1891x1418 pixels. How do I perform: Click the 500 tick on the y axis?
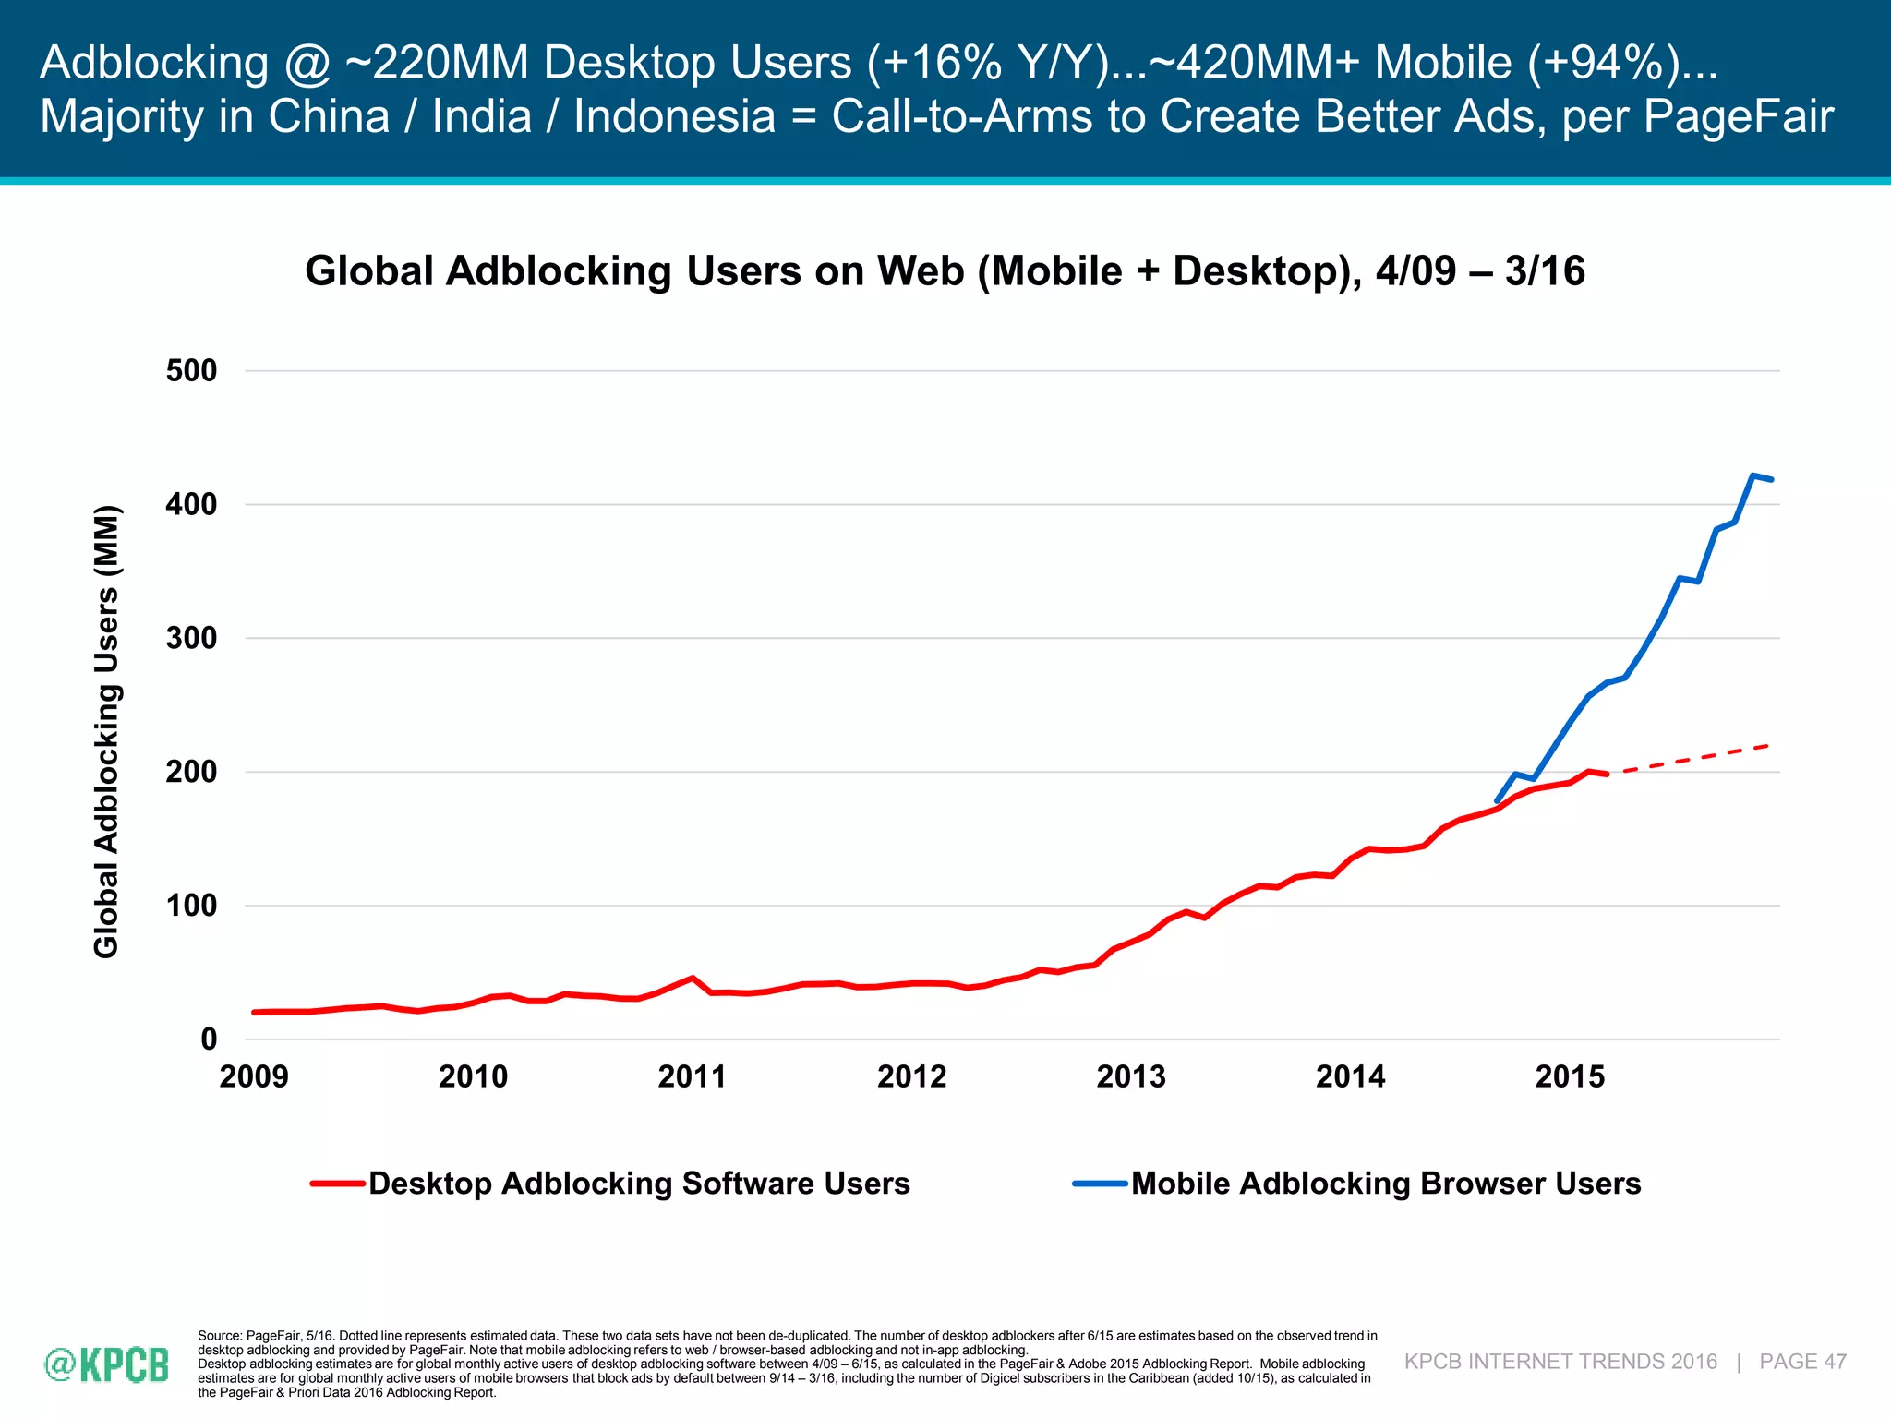pos(191,371)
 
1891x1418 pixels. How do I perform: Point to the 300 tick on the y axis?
pos(191,638)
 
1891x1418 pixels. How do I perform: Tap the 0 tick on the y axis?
pos(209,1039)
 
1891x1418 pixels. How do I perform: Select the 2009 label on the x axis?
pos(254,1076)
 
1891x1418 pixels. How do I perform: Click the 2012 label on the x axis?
pos(911,1076)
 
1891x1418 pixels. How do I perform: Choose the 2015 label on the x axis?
pos(1570,1076)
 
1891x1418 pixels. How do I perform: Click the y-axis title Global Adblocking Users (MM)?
pos(107,731)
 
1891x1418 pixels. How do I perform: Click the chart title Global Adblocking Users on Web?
pos(945,271)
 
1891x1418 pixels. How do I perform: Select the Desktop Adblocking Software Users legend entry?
pos(638,1184)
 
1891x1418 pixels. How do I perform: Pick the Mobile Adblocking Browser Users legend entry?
pos(1385,1184)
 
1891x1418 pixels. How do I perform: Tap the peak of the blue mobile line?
pos(1752,475)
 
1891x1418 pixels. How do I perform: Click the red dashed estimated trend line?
pos(1690,759)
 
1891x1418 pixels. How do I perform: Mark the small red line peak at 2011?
pos(692,978)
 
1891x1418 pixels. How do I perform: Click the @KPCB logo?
pos(107,1364)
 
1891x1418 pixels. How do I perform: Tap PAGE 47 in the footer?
pos(1802,1362)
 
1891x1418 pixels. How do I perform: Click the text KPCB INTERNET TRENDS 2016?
pos(1560,1362)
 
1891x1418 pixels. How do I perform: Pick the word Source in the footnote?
pos(220,1336)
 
